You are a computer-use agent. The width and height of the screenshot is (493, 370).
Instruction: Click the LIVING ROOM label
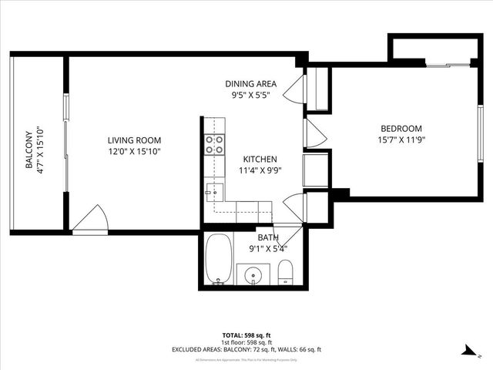click(x=134, y=140)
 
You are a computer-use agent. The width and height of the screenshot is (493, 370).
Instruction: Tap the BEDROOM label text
click(x=401, y=128)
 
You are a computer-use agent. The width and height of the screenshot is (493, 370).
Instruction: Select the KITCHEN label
click(x=254, y=159)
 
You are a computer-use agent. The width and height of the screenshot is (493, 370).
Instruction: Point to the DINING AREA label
click(x=250, y=84)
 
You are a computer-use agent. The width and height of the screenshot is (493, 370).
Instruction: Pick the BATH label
click(x=268, y=237)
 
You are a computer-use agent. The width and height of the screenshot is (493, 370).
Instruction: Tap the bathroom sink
click(x=252, y=274)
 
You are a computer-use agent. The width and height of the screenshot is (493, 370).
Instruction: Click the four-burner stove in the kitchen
click(x=214, y=144)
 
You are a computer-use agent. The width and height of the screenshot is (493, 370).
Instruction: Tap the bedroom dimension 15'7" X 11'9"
click(x=401, y=140)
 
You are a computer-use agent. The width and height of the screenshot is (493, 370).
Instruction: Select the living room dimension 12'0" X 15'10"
click(x=134, y=151)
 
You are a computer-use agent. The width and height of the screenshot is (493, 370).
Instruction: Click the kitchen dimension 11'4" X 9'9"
click(x=259, y=170)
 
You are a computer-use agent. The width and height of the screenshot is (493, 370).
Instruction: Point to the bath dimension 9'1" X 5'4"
click(x=268, y=248)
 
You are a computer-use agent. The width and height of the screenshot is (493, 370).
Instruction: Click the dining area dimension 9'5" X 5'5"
click(x=250, y=96)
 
